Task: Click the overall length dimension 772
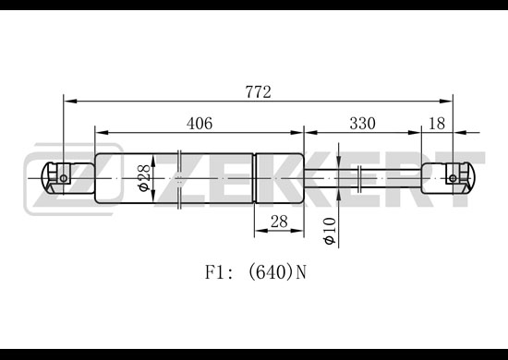click(258, 92)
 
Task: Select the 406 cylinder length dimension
click(200, 124)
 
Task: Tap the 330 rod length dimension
click(363, 124)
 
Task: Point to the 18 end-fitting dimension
click(437, 124)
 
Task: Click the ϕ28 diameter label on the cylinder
click(144, 178)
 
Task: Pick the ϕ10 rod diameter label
click(330, 231)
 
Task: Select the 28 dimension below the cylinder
click(279, 222)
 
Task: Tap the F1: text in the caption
click(219, 272)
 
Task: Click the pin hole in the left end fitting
click(64, 178)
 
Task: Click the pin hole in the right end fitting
click(453, 178)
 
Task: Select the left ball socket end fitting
click(67, 178)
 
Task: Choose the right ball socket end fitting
click(448, 178)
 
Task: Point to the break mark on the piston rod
click(359, 178)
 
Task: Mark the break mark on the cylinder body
click(179, 179)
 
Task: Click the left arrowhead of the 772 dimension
click(70, 102)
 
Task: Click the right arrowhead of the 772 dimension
click(446, 102)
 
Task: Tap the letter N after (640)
click(301, 272)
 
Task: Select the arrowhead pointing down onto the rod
click(338, 162)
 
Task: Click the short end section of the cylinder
click(280, 178)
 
